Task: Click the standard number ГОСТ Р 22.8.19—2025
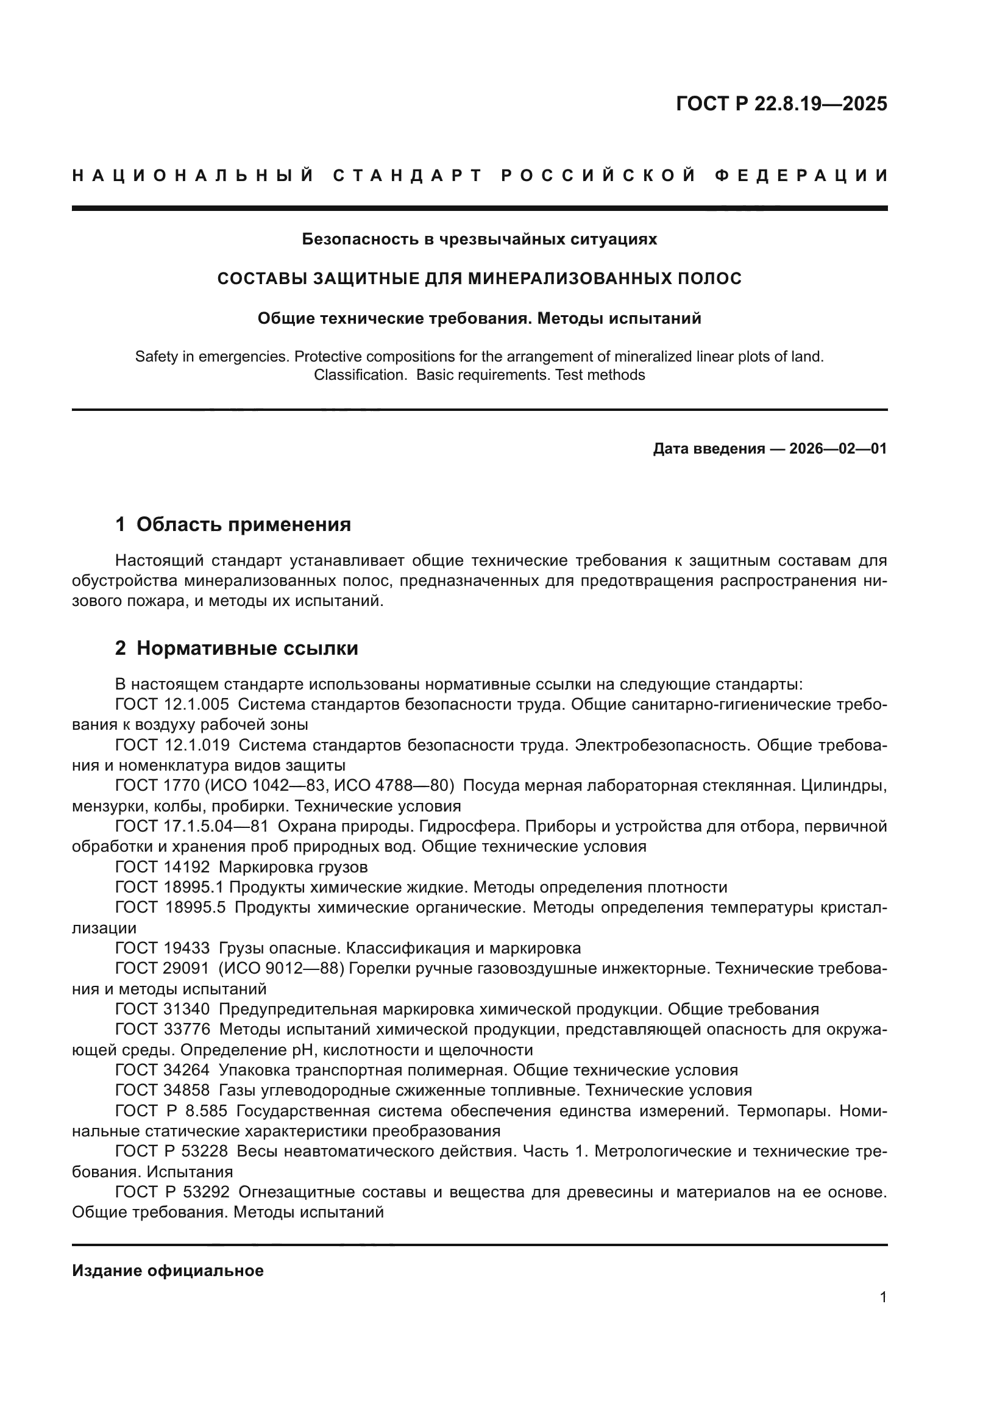[781, 103]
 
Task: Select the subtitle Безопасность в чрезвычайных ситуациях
[479, 239]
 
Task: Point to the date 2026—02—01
[838, 449]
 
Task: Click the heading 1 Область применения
[233, 525]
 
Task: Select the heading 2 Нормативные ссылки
[236, 649]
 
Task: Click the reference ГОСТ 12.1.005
[172, 704]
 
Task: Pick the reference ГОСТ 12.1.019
[172, 745]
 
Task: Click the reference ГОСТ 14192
[163, 867]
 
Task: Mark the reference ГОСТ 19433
[163, 949]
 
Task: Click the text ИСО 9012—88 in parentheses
[280, 969]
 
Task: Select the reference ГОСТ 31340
[163, 1009]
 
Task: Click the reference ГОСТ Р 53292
[172, 1192]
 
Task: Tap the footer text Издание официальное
[168, 1271]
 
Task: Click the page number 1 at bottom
[883, 1297]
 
